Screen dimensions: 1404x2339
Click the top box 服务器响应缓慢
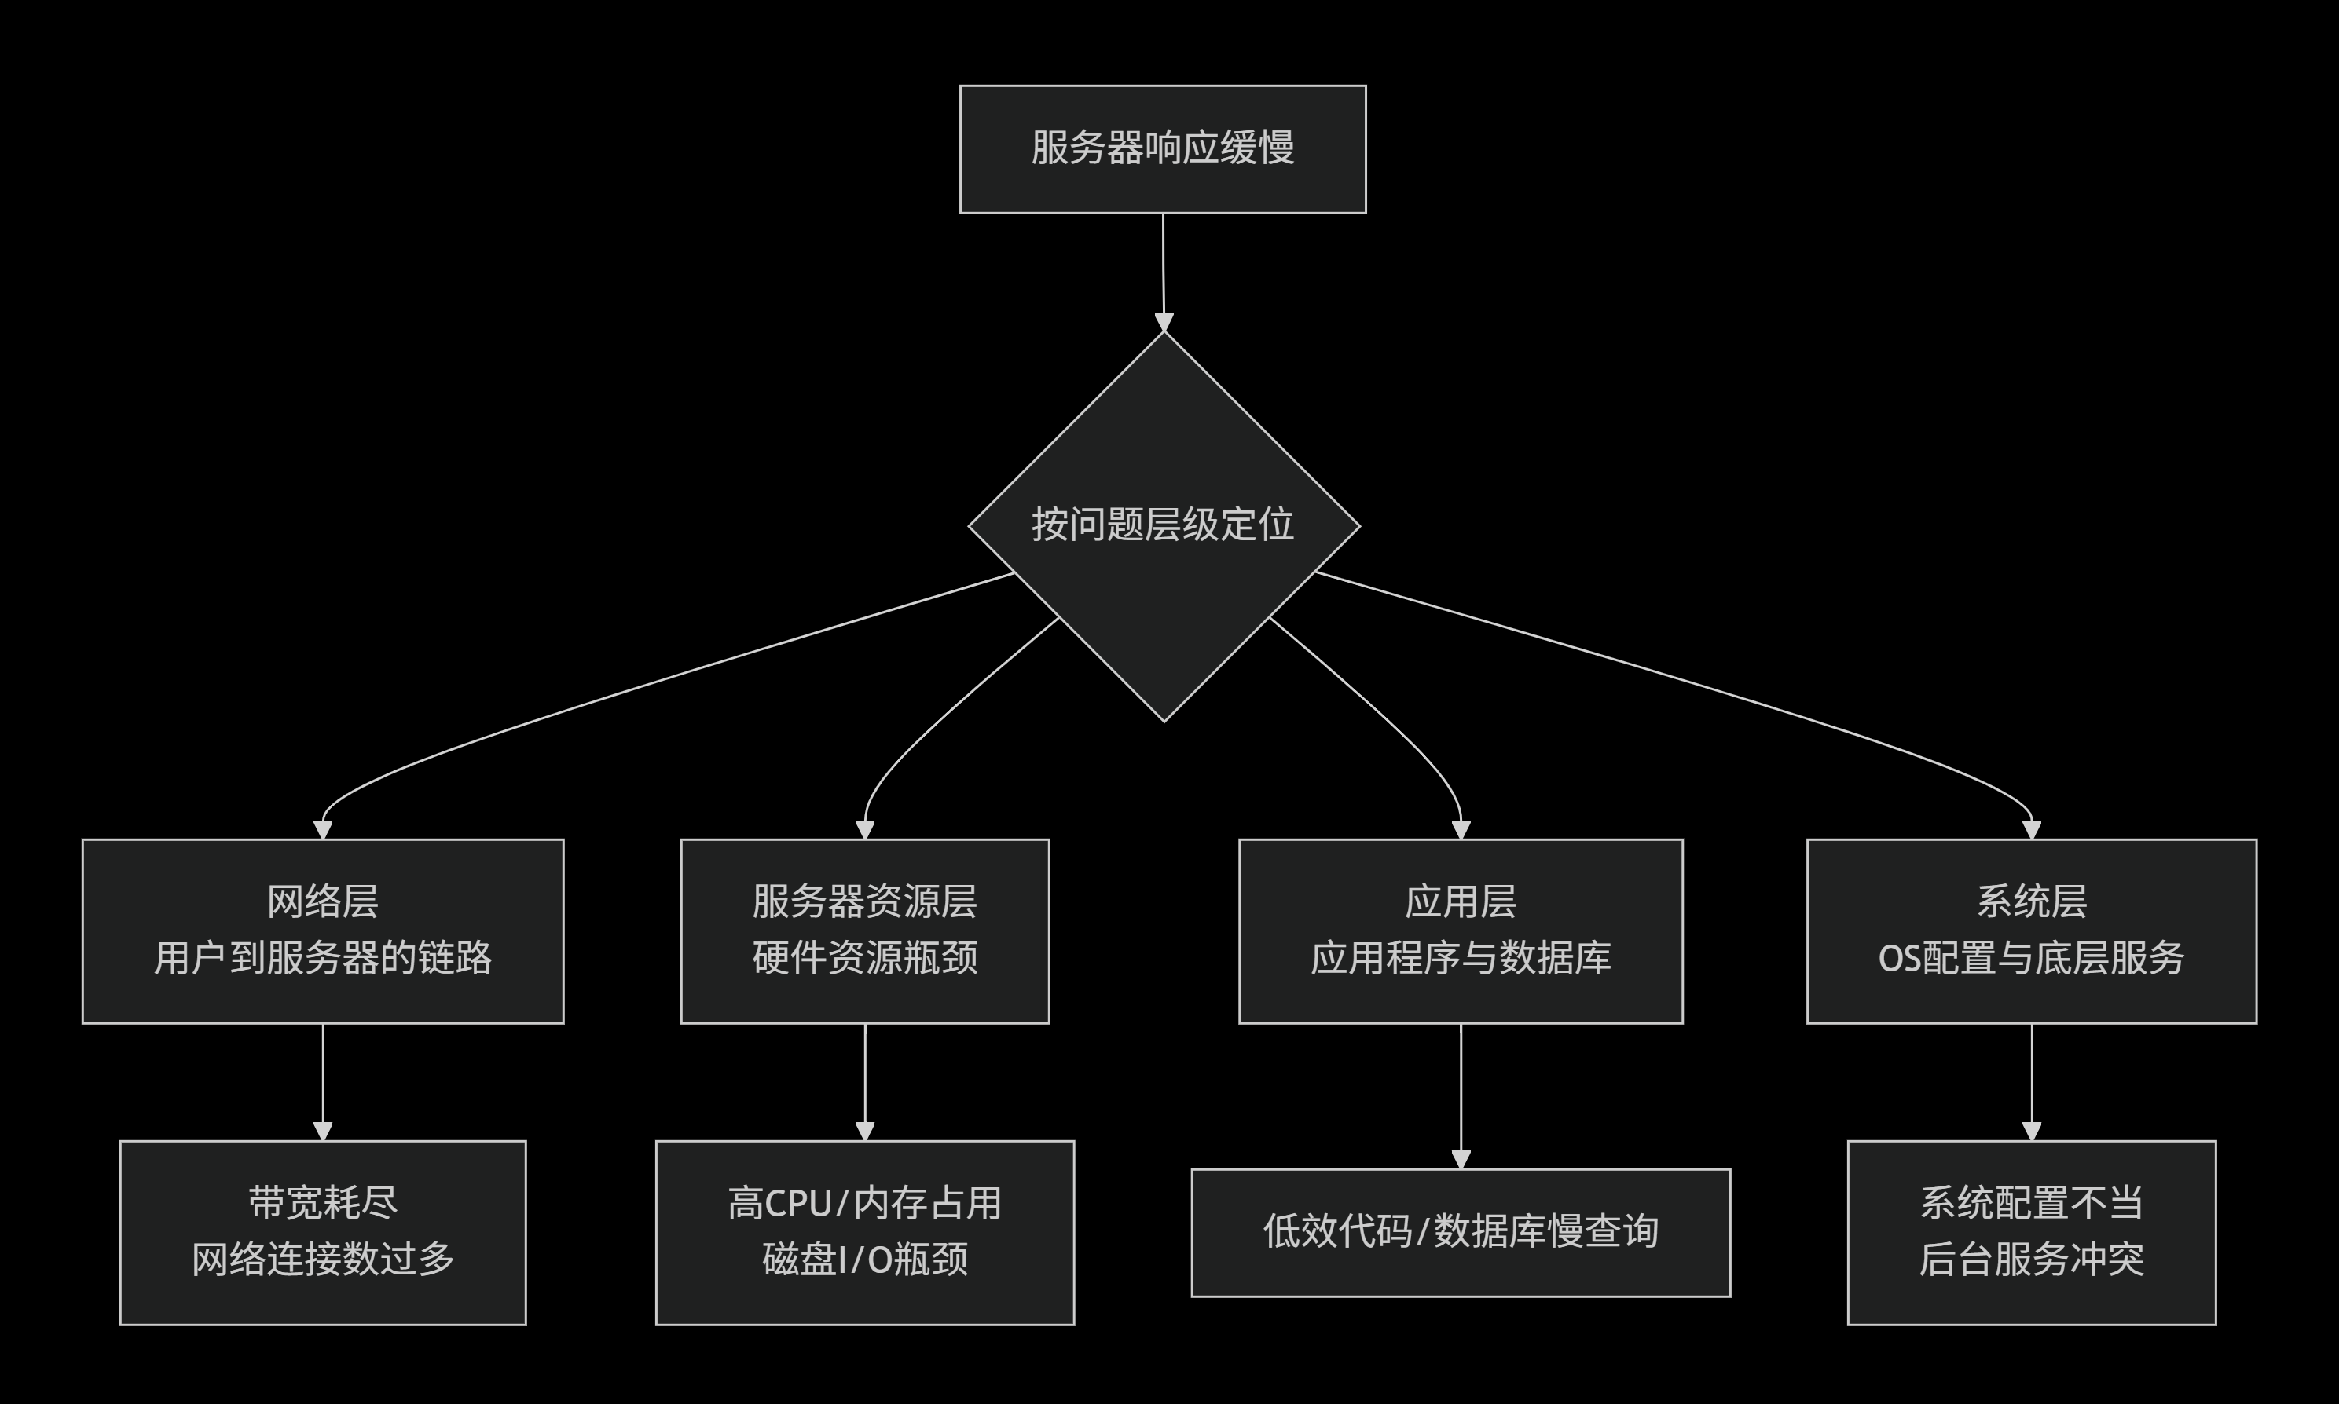(x=1162, y=149)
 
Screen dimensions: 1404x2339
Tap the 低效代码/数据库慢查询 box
(x=1460, y=1232)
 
